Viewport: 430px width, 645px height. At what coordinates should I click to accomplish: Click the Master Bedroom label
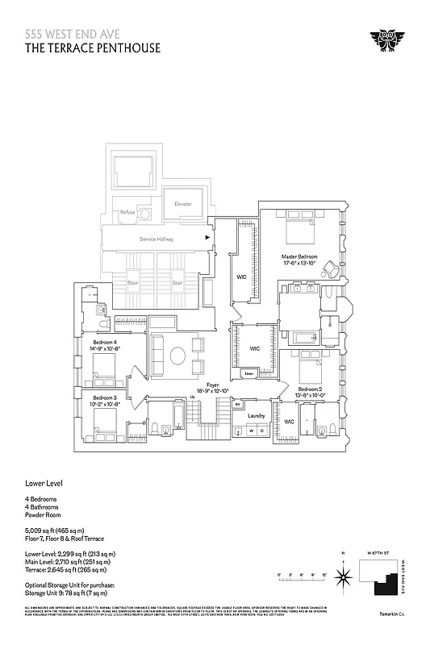[299, 256]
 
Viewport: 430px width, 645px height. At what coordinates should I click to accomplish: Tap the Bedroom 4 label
[105, 343]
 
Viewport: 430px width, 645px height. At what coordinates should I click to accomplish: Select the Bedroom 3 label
[105, 398]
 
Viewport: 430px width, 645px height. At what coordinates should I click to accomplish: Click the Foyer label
[213, 385]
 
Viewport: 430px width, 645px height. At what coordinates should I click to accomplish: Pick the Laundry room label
[257, 415]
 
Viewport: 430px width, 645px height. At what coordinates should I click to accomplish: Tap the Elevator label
[183, 204]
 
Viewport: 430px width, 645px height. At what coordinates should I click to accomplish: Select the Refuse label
[127, 212]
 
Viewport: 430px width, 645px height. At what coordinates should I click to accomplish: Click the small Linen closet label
[248, 373]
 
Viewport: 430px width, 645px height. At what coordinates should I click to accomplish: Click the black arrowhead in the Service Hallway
[208, 239]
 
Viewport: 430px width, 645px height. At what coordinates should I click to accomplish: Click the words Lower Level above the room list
[44, 484]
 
